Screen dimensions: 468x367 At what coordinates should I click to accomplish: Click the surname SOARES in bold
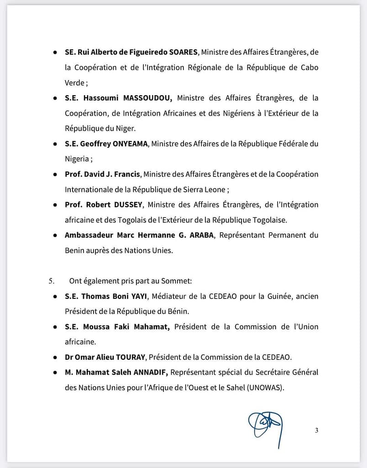[181, 52]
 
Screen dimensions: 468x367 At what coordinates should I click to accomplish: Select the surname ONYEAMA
[131, 144]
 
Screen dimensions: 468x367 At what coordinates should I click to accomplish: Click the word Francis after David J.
[128, 174]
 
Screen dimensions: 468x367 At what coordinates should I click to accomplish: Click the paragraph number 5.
[51, 281]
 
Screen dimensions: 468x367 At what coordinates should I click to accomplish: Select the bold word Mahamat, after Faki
[152, 327]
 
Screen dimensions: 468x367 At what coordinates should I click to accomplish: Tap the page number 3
[316, 430]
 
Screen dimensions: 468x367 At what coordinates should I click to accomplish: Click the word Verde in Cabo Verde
[75, 83]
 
